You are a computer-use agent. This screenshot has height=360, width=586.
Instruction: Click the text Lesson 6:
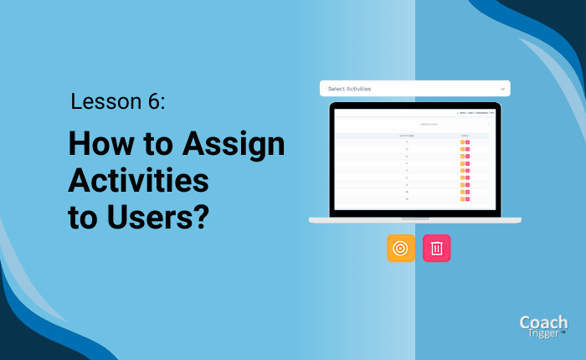118,102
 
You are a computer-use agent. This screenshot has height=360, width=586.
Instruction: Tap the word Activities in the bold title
138,181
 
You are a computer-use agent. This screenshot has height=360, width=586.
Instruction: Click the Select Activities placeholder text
349,88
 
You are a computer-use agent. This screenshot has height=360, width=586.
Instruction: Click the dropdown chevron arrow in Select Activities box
502,88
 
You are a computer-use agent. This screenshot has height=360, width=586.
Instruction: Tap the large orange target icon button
401,249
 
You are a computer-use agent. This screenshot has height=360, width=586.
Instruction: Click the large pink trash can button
437,249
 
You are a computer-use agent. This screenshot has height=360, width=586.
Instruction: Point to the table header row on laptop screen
414,135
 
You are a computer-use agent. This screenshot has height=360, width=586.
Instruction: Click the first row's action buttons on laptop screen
465,142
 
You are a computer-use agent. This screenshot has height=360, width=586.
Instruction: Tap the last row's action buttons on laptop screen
465,199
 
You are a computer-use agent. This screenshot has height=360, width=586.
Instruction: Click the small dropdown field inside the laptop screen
414,125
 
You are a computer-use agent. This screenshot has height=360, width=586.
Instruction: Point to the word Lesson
105,102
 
